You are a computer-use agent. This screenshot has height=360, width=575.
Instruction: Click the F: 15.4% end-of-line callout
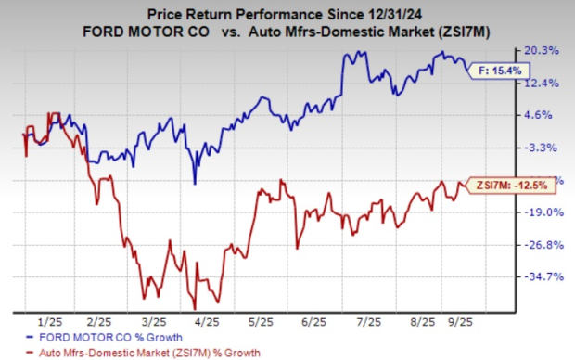pyautogui.click(x=494, y=70)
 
